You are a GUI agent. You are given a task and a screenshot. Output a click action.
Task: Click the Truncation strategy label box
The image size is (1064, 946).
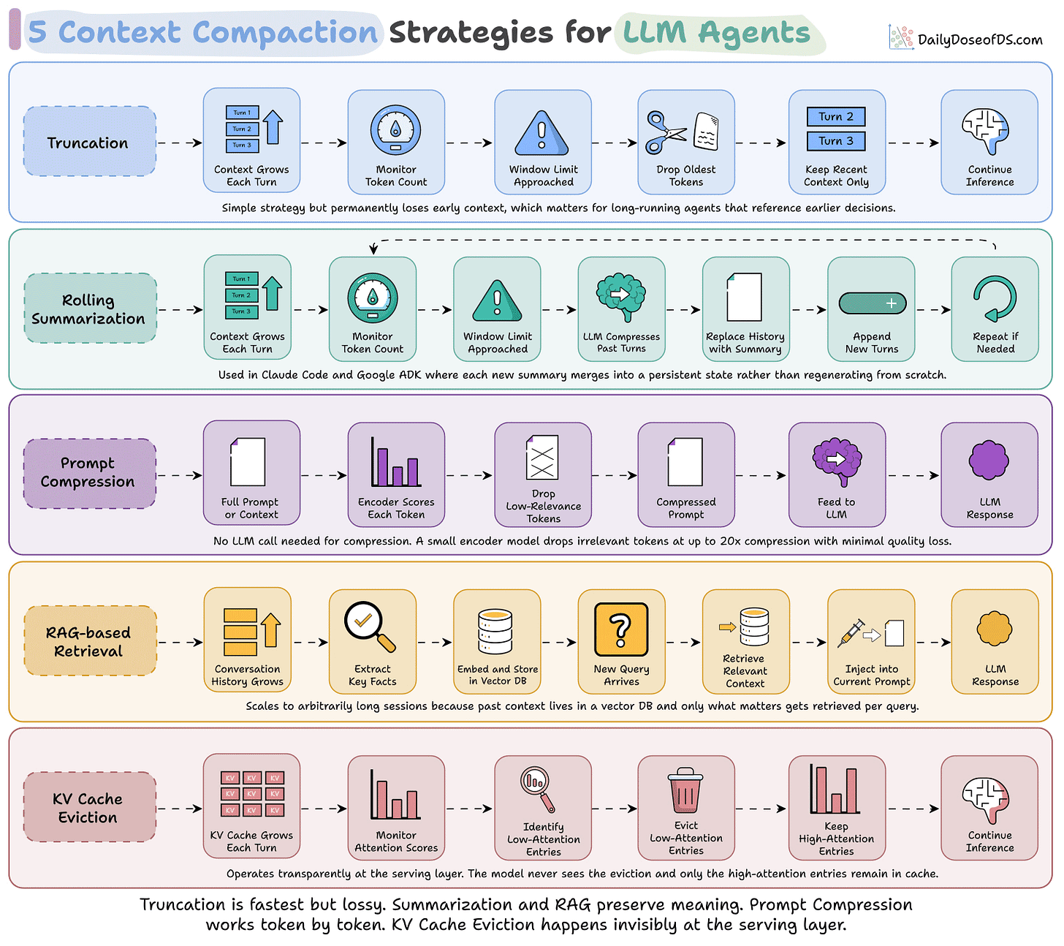(x=89, y=141)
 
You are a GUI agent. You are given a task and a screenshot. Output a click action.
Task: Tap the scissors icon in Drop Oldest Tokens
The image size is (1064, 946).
(x=665, y=132)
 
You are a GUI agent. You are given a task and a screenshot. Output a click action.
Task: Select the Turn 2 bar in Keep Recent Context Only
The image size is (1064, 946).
(x=835, y=116)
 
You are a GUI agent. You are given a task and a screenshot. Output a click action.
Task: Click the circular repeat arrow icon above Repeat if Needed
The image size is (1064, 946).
(x=994, y=298)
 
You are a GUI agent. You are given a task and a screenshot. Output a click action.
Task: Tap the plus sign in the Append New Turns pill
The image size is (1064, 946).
(x=891, y=303)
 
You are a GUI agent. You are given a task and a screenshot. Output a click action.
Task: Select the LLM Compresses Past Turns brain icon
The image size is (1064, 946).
(x=620, y=296)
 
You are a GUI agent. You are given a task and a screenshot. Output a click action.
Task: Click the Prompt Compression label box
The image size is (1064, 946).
(x=89, y=474)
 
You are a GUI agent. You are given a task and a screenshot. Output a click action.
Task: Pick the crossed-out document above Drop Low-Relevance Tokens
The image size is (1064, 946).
(x=542, y=457)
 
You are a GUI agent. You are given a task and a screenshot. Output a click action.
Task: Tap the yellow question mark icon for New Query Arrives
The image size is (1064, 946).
(x=620, y=629)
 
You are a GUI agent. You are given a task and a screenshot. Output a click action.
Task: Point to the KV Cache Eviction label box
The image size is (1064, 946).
(x=89, y=806)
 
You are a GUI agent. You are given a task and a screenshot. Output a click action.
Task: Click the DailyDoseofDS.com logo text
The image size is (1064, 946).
(x=979, y=39)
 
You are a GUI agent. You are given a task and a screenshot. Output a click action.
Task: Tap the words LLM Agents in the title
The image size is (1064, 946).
(x=716, y=33)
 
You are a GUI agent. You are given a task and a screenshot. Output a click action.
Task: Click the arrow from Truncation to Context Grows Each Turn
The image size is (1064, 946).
(x=180, y=143)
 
